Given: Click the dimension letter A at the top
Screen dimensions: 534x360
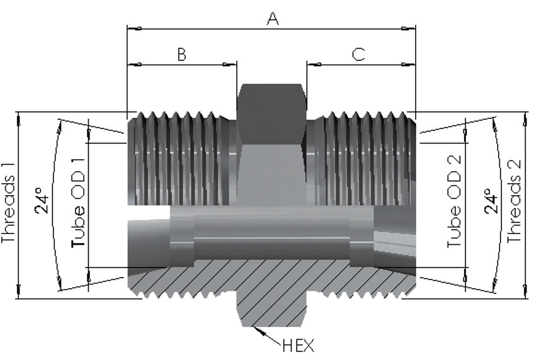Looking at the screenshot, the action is point(273,19).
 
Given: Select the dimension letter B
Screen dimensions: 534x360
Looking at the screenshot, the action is point(182,55).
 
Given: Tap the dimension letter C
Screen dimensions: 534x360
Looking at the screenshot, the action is point(358,55).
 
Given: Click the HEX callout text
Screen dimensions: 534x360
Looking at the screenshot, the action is point(298,346).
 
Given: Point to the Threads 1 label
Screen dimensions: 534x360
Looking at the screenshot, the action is point(9,203).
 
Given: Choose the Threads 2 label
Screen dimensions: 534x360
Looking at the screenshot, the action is point(514,201).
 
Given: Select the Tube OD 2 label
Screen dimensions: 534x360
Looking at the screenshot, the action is point(454,201).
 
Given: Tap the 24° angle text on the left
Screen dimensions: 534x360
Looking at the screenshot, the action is point(42,200).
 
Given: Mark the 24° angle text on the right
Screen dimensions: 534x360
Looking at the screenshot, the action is point(491,200).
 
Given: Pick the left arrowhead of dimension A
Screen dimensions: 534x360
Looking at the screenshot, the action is point(134,28).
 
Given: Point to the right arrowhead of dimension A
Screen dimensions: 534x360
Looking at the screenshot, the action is point(409,28).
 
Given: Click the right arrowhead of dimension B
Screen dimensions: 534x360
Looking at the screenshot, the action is point(230,64).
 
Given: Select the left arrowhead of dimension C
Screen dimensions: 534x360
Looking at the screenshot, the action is point(314,64).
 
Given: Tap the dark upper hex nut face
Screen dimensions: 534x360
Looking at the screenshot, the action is point(271,114).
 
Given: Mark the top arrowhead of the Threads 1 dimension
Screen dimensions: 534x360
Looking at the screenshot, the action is point(19,120).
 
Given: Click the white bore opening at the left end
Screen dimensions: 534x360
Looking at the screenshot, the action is point(149,212).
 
